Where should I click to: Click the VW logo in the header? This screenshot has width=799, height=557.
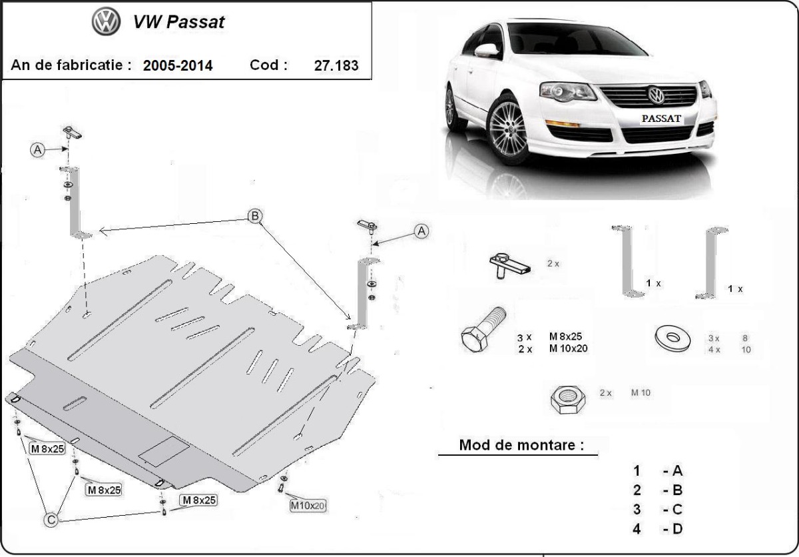(106, 23)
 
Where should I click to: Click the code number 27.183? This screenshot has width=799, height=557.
(336, 65)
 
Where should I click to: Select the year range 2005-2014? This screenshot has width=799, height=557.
(178, 65)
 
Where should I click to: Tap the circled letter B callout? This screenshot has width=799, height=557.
(254, 216)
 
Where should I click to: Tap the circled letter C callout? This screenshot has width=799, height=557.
(51, 518)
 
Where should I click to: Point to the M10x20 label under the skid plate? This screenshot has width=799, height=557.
(308, 506)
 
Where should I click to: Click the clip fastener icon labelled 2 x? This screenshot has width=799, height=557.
(509, 266)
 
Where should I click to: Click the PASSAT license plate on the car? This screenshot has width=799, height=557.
(661, 119)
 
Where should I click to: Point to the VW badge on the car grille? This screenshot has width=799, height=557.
(657, 96)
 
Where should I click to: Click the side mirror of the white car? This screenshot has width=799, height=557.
(486, 51)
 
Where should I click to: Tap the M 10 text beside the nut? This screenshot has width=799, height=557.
(641, 393)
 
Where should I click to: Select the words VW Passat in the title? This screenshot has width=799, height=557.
(179, 22)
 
